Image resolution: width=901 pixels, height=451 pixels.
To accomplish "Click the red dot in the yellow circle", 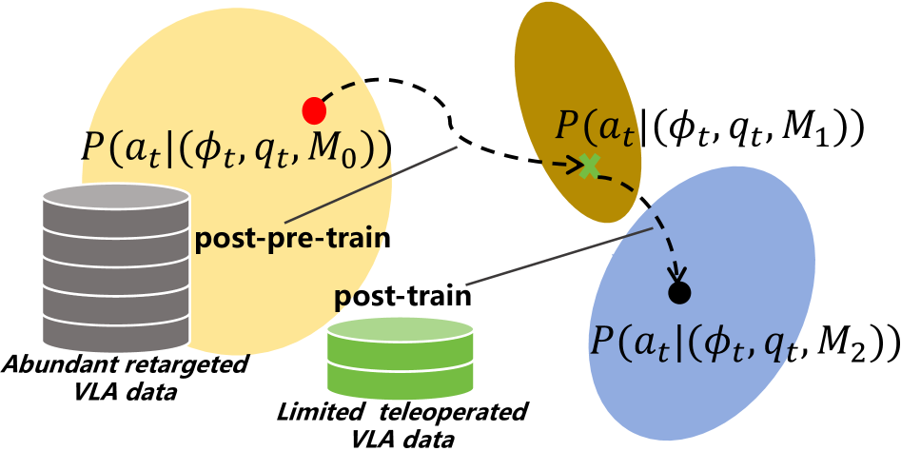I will point(313,111).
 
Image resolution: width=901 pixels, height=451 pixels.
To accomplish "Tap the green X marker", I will point(590,166).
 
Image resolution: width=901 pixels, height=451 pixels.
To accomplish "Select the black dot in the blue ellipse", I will point(677,293).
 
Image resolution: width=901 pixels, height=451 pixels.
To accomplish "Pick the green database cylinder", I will point(400,358).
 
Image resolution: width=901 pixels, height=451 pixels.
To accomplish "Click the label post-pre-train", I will point(293,237).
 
